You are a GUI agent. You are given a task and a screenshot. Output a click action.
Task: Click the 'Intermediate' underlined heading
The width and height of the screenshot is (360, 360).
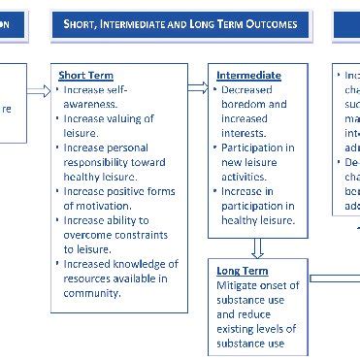249,75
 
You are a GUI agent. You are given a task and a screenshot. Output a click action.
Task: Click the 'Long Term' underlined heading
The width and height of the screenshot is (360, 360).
242,271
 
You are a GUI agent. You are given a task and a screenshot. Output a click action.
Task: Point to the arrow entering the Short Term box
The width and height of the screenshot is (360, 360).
38,90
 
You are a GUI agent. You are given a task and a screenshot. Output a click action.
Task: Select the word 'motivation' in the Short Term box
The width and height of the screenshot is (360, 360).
105,206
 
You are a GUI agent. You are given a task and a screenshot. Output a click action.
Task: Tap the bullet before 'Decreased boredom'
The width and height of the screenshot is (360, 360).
212,89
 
